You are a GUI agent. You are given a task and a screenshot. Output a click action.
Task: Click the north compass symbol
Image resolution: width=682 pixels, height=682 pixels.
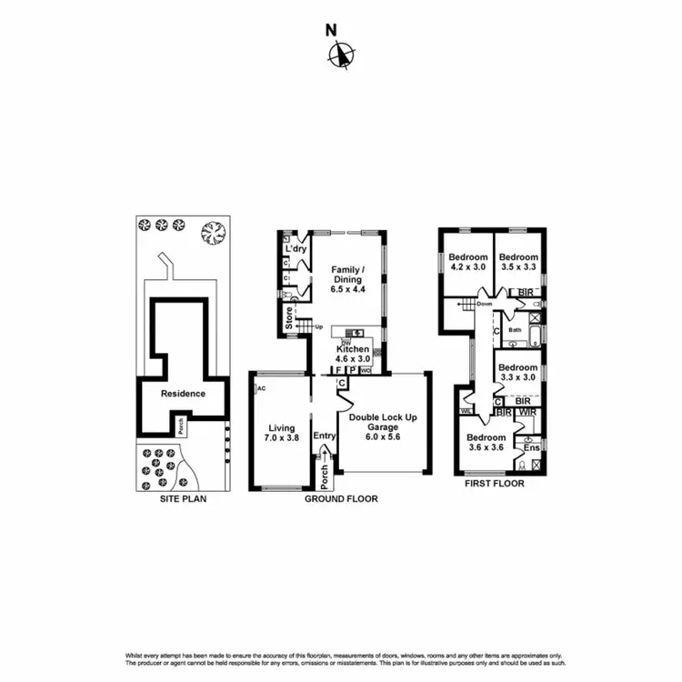(x=341, y=56)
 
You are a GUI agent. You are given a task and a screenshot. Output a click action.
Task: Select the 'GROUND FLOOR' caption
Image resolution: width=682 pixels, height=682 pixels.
(x=341, y=498)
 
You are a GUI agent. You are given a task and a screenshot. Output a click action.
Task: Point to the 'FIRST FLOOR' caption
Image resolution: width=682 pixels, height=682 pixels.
(x=493, y=484)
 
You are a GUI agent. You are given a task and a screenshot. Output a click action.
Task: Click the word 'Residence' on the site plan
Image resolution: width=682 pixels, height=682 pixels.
(x=182, y=394)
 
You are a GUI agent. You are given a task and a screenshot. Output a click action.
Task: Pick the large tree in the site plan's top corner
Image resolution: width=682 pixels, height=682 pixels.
(x=213, y=233)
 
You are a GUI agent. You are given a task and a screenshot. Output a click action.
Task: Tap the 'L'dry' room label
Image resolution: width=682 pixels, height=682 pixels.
(x=295, y=248)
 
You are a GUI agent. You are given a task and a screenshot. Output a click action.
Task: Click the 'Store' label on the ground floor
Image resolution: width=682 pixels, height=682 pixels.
(x=289, y=320)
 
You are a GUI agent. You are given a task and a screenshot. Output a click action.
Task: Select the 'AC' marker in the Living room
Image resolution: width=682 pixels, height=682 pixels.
(x=261, y=388)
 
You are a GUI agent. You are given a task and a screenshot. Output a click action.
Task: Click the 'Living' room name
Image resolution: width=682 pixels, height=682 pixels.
(x=282, y=427)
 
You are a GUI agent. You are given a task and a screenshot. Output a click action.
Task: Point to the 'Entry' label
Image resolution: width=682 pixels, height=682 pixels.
(x=325, y=436)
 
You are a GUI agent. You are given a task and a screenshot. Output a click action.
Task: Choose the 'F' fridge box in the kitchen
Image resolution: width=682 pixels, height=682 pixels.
(x=338, y=371)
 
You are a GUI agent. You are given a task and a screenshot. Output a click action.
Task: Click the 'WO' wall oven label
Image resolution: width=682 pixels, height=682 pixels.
(x=366, y=371)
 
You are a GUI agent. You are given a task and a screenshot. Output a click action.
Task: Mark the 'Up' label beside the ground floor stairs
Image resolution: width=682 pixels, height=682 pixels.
(x=319, y=326)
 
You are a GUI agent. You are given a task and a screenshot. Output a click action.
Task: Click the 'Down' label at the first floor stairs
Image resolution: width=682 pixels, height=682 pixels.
(x=484, y=304)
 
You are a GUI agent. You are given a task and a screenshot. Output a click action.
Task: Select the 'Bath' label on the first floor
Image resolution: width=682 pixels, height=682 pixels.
(x=515, y=330)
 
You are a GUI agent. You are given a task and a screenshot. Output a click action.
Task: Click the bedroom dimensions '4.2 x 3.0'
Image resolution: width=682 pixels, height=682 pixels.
(x=469, y=267)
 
